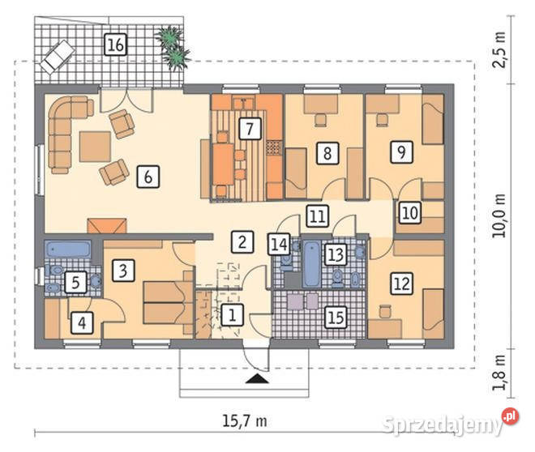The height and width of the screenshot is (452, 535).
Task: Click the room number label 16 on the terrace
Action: click(116, 45)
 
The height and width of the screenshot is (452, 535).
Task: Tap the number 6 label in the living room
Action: click(148, 177)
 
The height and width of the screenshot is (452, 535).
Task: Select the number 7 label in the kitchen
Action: click(250, 129)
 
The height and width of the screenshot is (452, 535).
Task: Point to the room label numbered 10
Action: click(410, 213)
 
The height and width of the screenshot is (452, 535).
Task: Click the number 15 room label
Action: click(336, 318)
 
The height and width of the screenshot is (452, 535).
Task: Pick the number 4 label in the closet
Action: click(82, 322)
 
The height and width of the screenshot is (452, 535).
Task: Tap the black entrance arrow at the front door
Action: click(257, 378)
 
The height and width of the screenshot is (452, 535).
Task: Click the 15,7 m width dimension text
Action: click(245, 421)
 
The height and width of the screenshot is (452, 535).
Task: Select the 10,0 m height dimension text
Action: click(499, 215)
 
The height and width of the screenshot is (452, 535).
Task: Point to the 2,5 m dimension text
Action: click(499, 50)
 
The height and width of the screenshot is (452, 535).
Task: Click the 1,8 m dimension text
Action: click(499, 373)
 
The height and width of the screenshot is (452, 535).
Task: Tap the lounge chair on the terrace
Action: click(58, 57)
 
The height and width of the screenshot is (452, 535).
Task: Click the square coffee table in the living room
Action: click(95, 147)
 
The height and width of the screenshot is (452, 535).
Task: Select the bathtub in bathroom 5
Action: click(68, 249)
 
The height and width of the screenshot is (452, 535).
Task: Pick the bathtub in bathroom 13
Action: click(312, 263)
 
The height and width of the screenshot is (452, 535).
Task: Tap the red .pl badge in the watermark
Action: click(510, 416)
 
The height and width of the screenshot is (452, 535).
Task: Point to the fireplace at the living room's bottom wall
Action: click(107, 226)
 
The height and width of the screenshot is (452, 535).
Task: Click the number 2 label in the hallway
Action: click(242, 241)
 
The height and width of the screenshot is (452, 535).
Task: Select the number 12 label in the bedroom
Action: click(401, 284)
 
